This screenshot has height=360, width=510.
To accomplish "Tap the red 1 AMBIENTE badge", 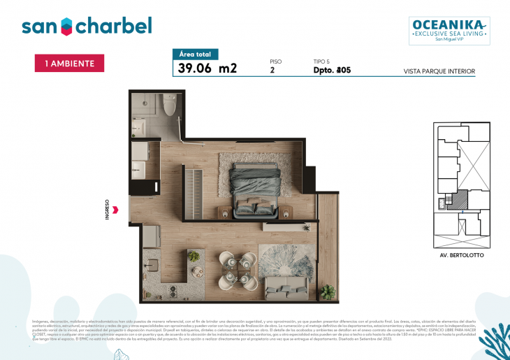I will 69,63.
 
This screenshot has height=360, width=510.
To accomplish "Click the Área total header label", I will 196,54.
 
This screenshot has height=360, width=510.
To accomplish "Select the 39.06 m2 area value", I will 207,69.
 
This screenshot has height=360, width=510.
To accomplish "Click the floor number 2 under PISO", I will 272,71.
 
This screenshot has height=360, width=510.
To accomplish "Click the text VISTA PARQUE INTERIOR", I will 439,71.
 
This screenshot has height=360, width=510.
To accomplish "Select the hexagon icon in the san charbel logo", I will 65,27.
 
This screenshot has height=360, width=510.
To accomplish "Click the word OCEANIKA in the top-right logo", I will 449,24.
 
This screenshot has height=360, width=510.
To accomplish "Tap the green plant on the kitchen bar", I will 194,257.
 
